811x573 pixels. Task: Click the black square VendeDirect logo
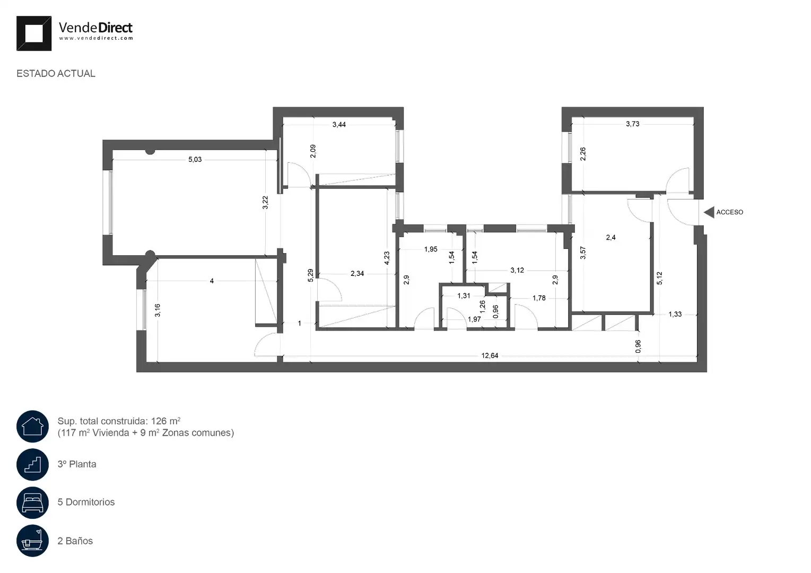[x=34, y=33]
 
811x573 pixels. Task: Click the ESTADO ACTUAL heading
[x=56, y=74]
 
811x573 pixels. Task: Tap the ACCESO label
[x=729, y=212]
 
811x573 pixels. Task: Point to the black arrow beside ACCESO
[x=709, y=212]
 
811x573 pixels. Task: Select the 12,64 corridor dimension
[x=490, y=355]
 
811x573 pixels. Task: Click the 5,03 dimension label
[x=195, y=159]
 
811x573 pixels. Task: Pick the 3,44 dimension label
[x=339, y=125]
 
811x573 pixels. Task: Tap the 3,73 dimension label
[x=632, y=124]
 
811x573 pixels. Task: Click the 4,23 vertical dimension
[x=387, y=258]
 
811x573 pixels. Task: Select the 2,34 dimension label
[x=357, y=273]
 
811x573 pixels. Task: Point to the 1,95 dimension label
[x=431, y=249]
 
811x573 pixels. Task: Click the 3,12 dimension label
[x=517, y=270]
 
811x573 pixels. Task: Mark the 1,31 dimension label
[x=464, y=296]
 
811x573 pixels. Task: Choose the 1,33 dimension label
[x=675, y=315]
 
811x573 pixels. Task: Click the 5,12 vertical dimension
[x=659, y=278]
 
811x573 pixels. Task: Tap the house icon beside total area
[x=32, y=427]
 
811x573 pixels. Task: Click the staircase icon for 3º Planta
[x=32, y=464]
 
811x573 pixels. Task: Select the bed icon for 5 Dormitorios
[x=32, y=502]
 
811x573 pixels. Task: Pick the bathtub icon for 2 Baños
[x=32, y=541]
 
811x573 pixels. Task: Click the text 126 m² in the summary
[x=166, y=421]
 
